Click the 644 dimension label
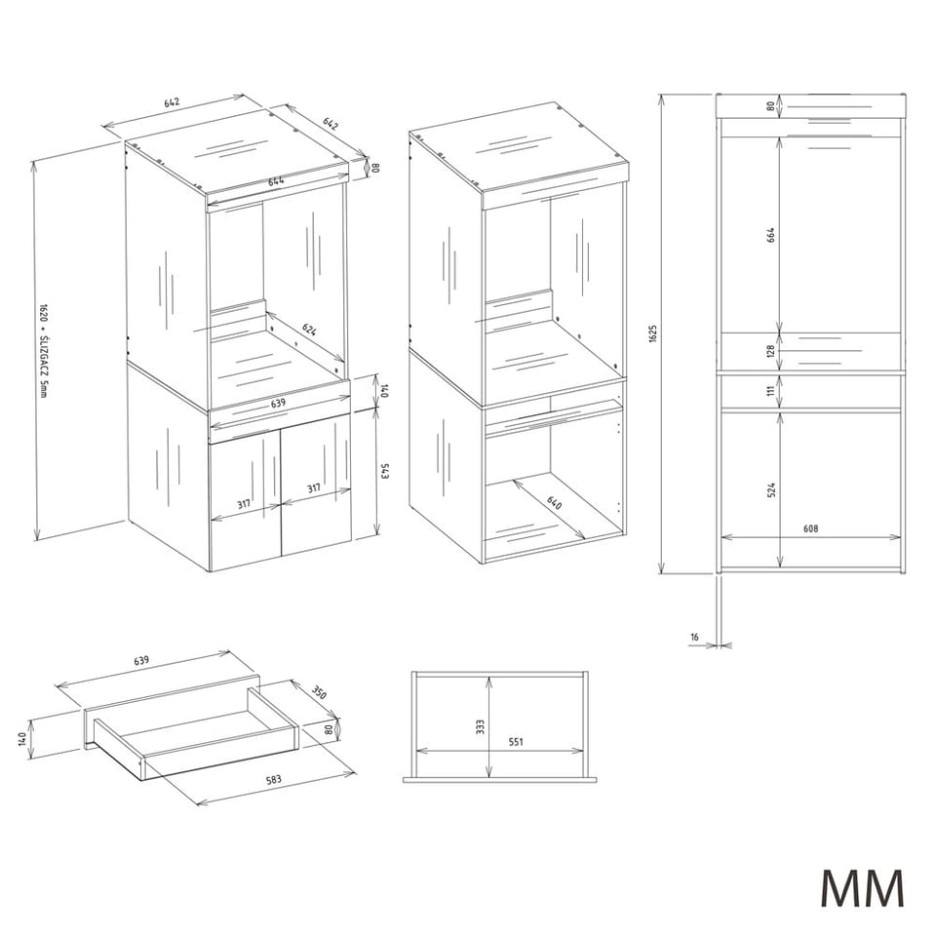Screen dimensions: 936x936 point(276,181)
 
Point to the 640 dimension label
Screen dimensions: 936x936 point(555,502)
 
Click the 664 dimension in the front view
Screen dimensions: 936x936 point(770,235)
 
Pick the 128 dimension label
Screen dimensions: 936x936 point(770,350)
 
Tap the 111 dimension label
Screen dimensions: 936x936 point(770,390)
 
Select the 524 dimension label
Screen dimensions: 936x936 point(770,490)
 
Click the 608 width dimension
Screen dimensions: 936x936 point(810,527)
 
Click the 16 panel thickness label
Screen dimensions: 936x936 point(694,637)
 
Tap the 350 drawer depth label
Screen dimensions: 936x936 point(320,692)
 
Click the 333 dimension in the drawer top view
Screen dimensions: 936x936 point(481,726)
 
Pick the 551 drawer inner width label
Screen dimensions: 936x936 point(516,741)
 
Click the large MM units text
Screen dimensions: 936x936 point(863,889)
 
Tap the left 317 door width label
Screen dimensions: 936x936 point(244,504)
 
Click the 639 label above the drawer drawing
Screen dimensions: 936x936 point(140,660)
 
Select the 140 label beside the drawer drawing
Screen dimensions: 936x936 point(22,738)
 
